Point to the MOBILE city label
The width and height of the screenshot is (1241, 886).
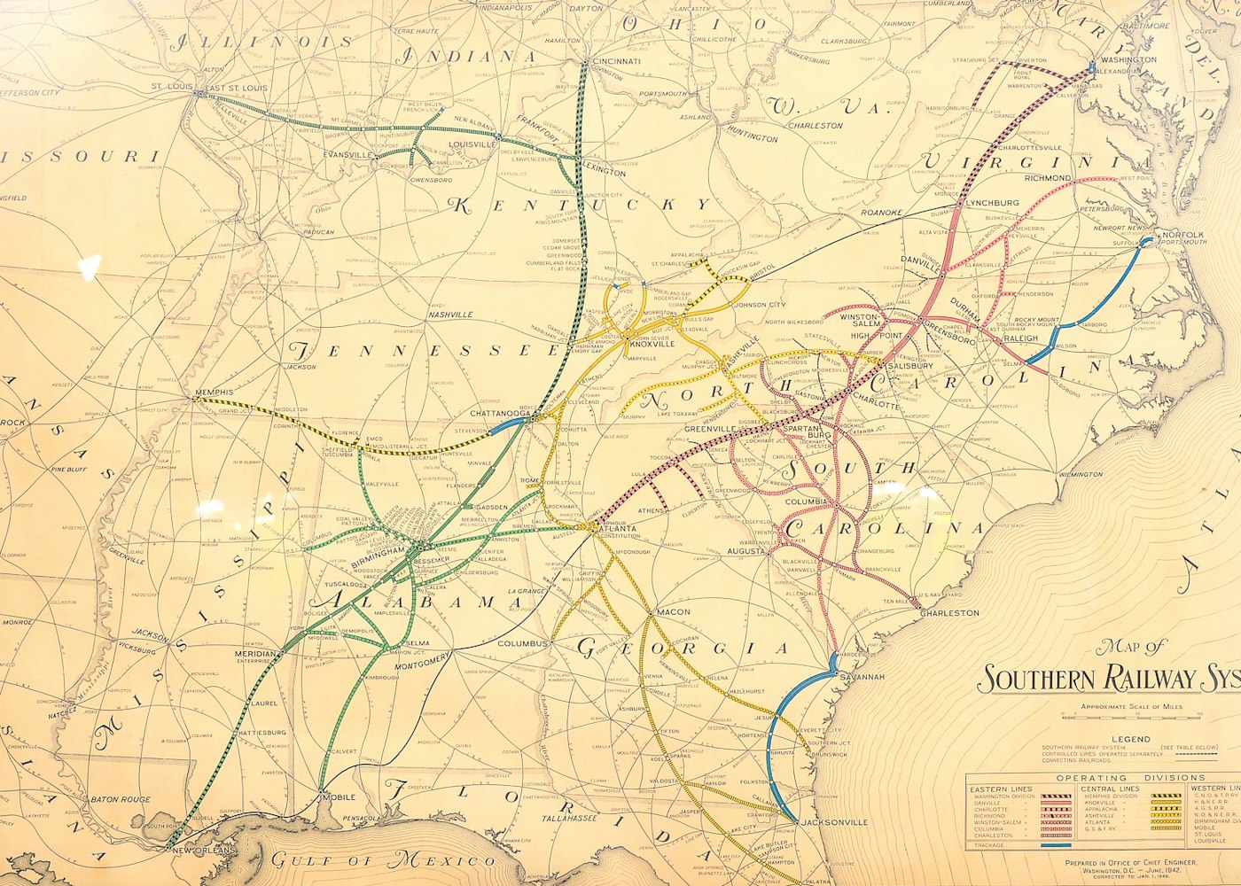click(339, 797)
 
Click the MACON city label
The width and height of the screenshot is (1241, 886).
click(674, 612)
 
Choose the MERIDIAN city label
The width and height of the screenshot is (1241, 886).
click(255, 654)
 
